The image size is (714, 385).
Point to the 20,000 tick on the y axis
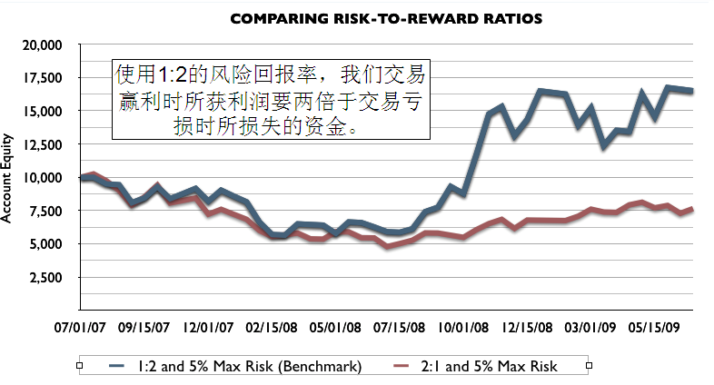pos(41,44)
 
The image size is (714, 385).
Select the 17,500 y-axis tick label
pos(41,78)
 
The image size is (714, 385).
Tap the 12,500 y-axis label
pos(41,144)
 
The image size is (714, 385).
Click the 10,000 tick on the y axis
pos(41,178)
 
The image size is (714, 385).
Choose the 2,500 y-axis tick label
pos(45,278)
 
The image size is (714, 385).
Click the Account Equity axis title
pos(8,178)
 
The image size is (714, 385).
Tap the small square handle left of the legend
pos(81,366)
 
